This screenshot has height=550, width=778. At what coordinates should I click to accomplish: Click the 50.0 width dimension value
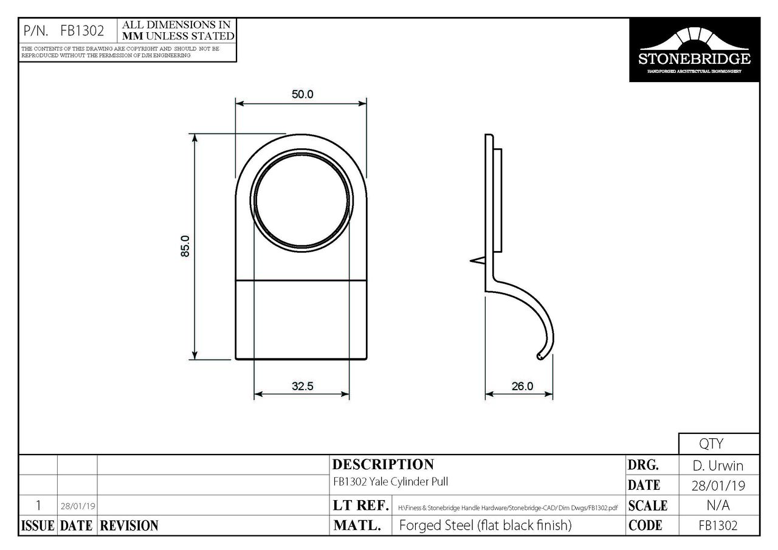(x=301, y=95)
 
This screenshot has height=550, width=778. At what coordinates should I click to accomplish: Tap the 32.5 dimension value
(x=301, y=386)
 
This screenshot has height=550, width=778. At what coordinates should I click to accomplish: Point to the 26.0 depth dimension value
(x=522, y=386)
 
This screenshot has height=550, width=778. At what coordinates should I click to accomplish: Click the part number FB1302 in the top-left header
(x=82, y=31)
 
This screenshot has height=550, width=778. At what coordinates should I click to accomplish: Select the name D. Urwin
(x=718, y=466)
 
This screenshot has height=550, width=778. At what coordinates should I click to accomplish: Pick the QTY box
(x=718, y=444)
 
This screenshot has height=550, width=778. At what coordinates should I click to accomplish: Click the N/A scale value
(x=718, y=506)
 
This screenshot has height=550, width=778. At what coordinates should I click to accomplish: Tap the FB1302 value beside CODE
(x=718, y=526)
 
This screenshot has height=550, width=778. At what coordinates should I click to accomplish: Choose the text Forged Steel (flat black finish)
(x=485, y=526)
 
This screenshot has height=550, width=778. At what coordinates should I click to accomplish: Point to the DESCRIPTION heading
(x=384, y=465)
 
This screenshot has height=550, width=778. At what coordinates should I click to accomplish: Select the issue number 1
(x=38, y=506)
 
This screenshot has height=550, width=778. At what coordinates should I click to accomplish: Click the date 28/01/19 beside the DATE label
(x=718, y=486)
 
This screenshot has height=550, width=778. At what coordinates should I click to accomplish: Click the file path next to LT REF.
(x=508, y=507)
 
